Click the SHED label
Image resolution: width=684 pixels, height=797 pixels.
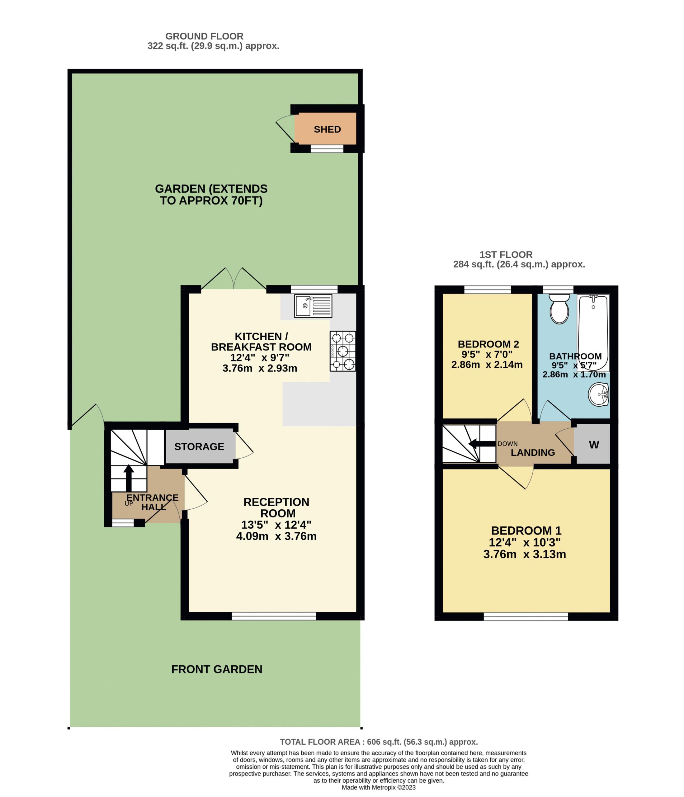tap(327, 129)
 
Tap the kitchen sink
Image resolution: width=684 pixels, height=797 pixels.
tap(313, 306)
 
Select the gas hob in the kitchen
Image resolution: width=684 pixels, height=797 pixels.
tap(342, 351)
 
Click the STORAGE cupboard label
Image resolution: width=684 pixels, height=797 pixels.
tap(199, 446)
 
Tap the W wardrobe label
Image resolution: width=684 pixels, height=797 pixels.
tap(594, 445)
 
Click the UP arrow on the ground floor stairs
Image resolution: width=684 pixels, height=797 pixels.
tap(129, 478)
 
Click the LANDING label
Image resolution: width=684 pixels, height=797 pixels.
tap(532, 453)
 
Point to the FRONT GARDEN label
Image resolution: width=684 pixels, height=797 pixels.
tap(217, 669)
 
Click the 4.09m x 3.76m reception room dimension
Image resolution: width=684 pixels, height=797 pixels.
tap(276, 536)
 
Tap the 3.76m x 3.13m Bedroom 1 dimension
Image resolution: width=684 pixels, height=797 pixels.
tap(524, 554)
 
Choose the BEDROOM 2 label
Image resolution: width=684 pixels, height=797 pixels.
tap(488, 344)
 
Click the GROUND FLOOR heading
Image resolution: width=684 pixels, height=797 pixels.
tap(204, 36)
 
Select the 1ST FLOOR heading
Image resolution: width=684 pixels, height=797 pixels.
tap(506, 255)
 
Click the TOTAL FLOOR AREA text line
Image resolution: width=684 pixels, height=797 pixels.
tap(379, 742)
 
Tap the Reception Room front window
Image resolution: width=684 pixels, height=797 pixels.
tap(274, 616)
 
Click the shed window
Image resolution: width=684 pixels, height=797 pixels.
tap(327, 149)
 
